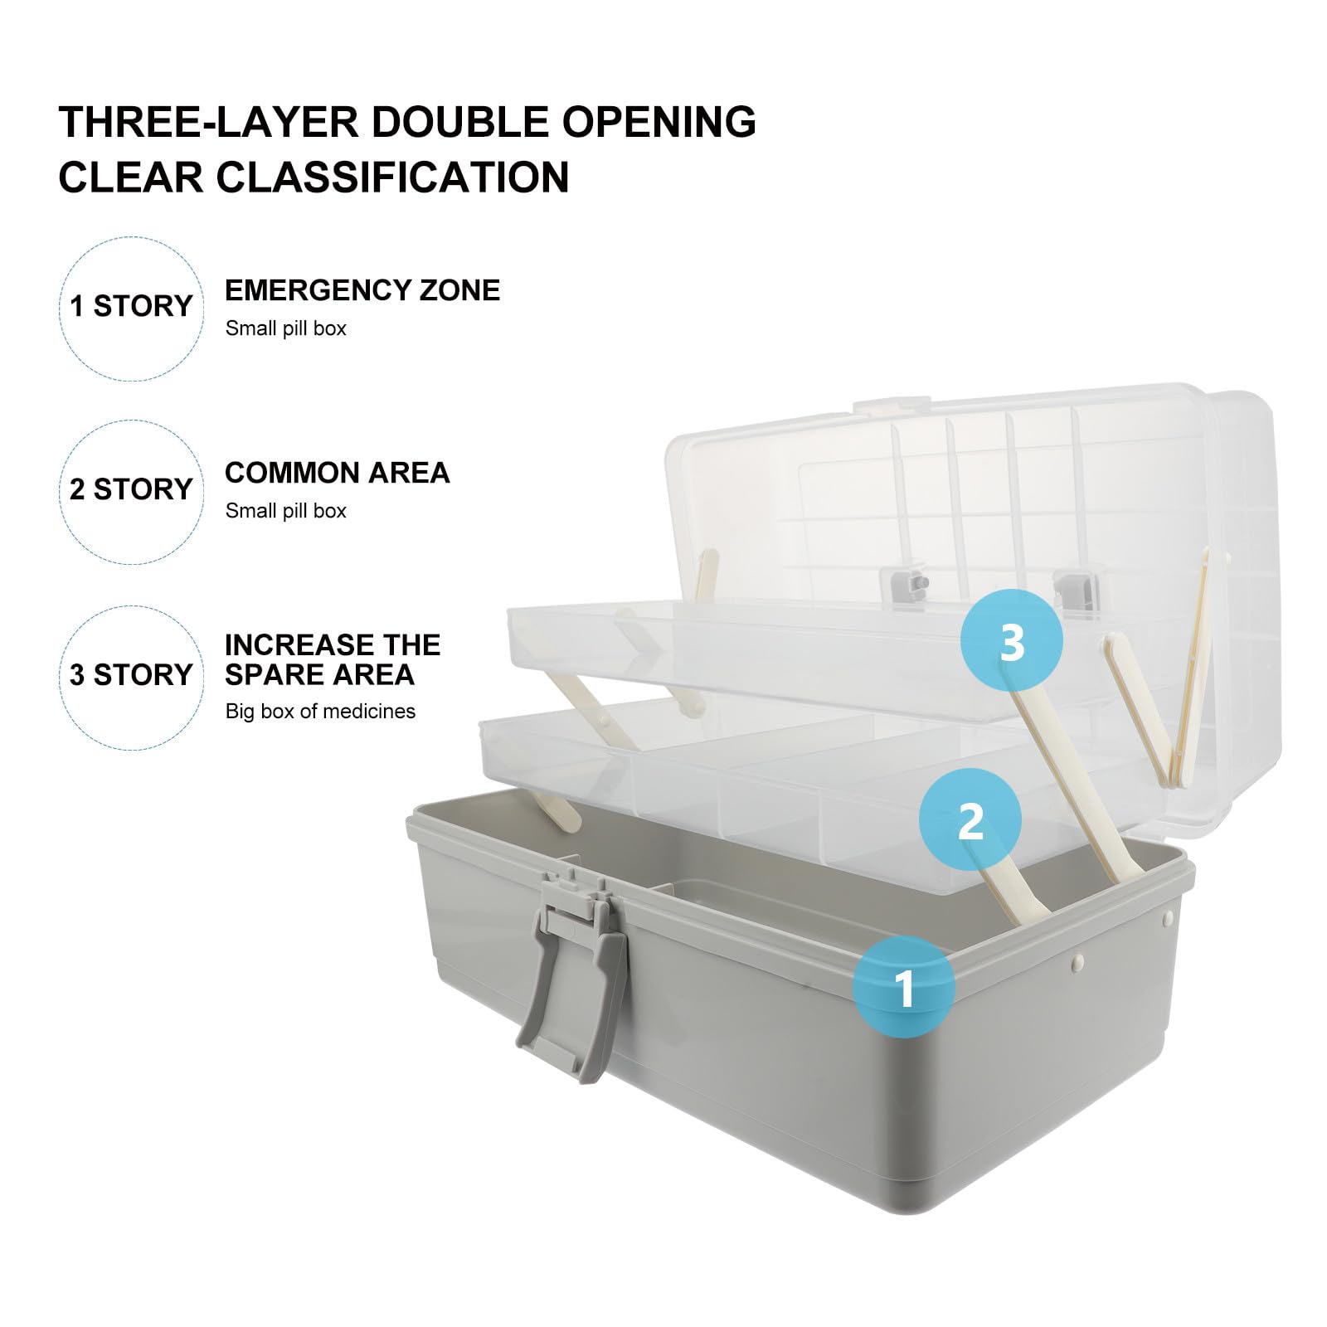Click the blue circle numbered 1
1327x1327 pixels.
tap(904, 986)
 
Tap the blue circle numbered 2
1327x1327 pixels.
tap(970, 819)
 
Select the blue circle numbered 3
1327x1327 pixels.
tap(1012, 640)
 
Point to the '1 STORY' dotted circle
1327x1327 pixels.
tap(132, 309)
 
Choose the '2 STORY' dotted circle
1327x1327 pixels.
tap(132, 491)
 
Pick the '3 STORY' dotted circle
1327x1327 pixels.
tap(132, 677)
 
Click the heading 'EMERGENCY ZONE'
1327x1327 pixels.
tap(362, 290)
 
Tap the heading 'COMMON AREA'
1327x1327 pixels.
tap(337, 473)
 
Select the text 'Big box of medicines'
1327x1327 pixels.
tap(320, 711)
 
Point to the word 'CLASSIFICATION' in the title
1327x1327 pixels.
tap(394, 177)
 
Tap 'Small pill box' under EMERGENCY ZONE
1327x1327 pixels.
tap(285, 328)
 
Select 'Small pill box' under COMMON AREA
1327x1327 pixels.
tap(285, 511)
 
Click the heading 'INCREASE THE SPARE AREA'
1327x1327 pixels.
tap(333, 660)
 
